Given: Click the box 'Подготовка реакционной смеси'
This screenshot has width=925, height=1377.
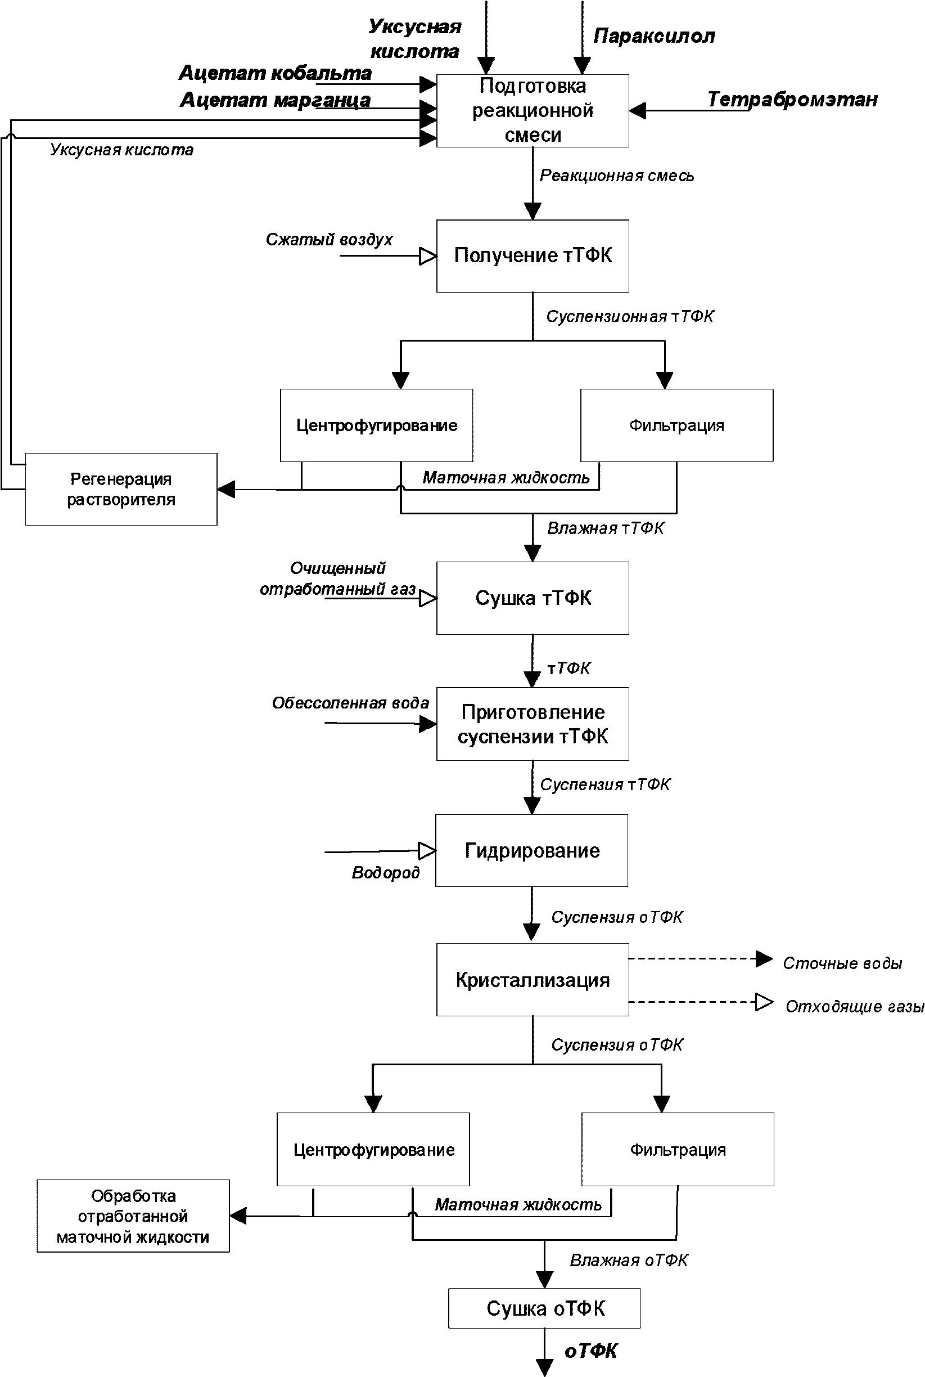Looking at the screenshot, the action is tap(533, 110).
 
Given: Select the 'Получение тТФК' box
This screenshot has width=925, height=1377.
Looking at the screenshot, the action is tap(533, 256).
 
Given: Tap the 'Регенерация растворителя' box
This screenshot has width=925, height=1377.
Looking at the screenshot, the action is tap(121, 490).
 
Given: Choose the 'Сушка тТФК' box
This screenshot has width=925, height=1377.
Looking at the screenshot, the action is tap(533, 598).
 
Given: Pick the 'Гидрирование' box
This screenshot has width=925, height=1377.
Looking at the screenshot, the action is tap(531, 850).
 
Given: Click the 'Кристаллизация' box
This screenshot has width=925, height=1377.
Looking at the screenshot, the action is tap(533, 980).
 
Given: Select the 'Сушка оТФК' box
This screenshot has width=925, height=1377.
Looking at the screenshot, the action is tap(544, 1308).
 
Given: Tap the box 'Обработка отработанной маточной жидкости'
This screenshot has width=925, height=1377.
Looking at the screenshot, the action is tap(133, 1216).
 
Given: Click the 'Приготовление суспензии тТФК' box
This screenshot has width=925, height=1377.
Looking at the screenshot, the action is tap(533, 724).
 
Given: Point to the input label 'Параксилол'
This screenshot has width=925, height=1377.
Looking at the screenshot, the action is tap(654, 37).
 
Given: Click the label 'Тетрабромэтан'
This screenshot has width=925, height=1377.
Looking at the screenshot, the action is tap(792, 99).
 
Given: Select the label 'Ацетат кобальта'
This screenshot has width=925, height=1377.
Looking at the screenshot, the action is tap(275, 73).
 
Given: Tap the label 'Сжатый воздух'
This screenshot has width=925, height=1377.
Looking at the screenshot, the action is tap(329, 240).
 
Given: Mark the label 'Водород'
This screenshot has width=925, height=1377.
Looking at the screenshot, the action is tap(386, 872).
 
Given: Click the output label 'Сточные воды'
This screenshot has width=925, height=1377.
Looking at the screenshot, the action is tap(842, 963).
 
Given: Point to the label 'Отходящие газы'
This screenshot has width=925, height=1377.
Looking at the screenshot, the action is tap(855, 1006).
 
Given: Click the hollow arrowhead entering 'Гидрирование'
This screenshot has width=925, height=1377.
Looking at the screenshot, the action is tap(427, 851).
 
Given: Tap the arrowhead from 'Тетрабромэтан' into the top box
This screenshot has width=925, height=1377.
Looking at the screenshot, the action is tap(638, 110).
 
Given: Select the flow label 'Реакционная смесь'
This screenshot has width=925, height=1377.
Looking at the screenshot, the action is tap(616, 176).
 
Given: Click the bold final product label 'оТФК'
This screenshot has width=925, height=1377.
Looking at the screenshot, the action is tap(590, 1351).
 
